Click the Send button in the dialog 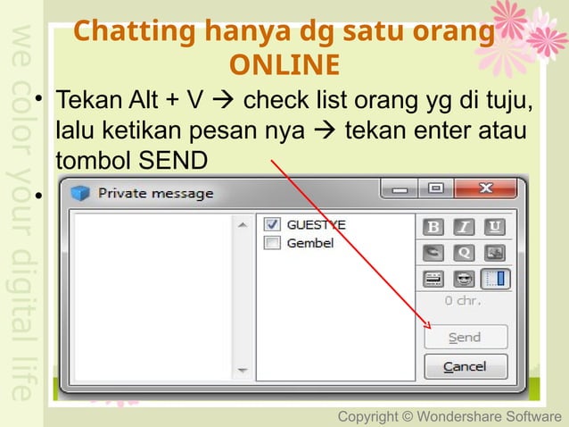465,338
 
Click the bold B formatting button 434,227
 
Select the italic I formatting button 465,227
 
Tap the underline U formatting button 494,227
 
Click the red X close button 486,189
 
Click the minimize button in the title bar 401,189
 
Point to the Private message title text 156,192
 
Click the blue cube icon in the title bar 82,192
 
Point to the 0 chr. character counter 463,301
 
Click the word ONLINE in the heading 284,66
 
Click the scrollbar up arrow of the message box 241,227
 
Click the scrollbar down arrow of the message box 241,369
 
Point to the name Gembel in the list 310,243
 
